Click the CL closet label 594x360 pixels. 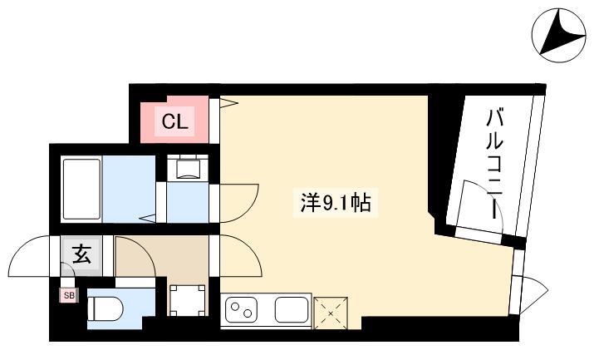pyautogui.click(x=175, y=122)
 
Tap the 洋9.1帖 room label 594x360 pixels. pyautogui.click(x=336, y=203)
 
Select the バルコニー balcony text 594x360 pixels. pyautogui.click(x=494, y=164)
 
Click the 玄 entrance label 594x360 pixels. pyautogui.click(x=81, y=254)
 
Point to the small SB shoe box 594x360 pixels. pyautogui.click(x=69, y=296)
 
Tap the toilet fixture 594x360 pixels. pyautogui.click(x=105, y=308)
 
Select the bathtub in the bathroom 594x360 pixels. pyautogui.click(x=81, y=189)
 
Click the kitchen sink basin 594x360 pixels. pyautogui.click(x=292, y=309)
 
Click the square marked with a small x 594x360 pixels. pyautogui.click(x=331, y=313)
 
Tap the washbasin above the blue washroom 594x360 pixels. pyautogui.click(x=188, y=167)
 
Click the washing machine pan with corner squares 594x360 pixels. pyautogui.click(x=188, y=300)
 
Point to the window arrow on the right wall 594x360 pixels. pyautogui.click(x=534, y=294)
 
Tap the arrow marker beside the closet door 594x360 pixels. pyautogui.click(x=228, y=102)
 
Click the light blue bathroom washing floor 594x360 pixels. pyautogui.click(x=129, y=189)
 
